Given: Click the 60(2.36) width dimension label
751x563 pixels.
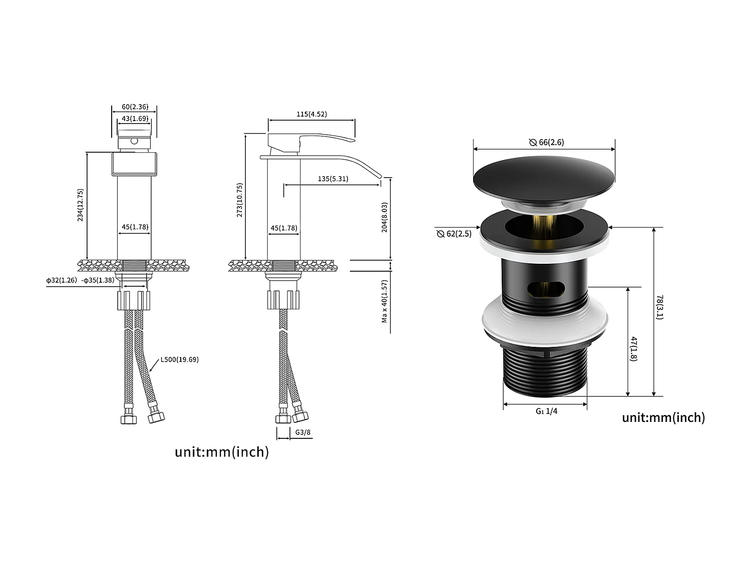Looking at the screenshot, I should [x=135, y=107].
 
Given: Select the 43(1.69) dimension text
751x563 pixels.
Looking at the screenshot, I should [x=135, y=119].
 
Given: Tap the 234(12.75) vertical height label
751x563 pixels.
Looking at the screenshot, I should [x=80, y=205].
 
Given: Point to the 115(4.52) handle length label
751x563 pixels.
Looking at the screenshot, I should [x=311, y=114].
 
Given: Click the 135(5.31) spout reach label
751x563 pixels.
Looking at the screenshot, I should [x=333, y=179].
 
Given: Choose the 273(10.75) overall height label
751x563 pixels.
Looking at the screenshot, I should [x=240, y=200].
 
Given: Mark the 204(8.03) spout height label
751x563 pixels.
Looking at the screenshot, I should [x=385, y=217].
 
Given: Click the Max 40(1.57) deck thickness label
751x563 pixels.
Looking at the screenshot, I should [x=385, y=301].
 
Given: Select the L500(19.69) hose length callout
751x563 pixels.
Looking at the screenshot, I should [x=179, y=359].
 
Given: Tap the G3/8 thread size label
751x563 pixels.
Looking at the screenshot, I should [x=303, y=432].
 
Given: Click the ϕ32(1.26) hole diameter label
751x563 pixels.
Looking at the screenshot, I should [x=62, y=280].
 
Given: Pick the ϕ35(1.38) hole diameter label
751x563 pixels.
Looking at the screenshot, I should [x=98, y=280].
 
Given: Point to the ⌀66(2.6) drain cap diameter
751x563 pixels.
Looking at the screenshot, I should [x=546, y=142].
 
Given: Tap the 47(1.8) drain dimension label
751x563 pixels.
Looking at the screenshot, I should [x=634, y=349].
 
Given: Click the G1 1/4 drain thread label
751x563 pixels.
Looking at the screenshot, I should [x=546, y=411].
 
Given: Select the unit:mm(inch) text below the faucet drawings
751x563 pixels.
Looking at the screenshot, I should [x=222, y=452].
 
